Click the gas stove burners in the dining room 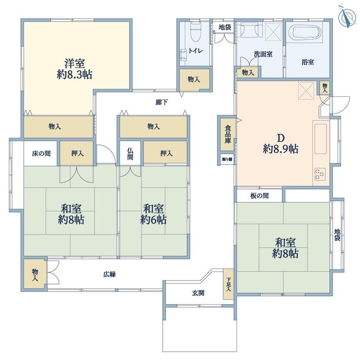[x=320, y=174]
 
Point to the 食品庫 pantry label [x=227, y=134]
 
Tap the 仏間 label [x=130, y=154]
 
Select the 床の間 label [x=41, y=153]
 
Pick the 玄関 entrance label [x=198, y=293]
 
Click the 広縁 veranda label [x=109, y=274]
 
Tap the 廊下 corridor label [x=161, y=102]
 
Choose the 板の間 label [x=259, y=196]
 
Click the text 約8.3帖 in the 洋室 [x=75, y=75]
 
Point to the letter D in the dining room [x=281, y=138]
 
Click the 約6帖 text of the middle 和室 [x=153, y=220]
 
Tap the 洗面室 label [x=263, y=54]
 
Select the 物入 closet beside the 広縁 [x=35, y=275]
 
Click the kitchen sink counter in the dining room [x=321, y=139]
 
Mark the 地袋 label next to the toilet [x=225, y=27]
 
